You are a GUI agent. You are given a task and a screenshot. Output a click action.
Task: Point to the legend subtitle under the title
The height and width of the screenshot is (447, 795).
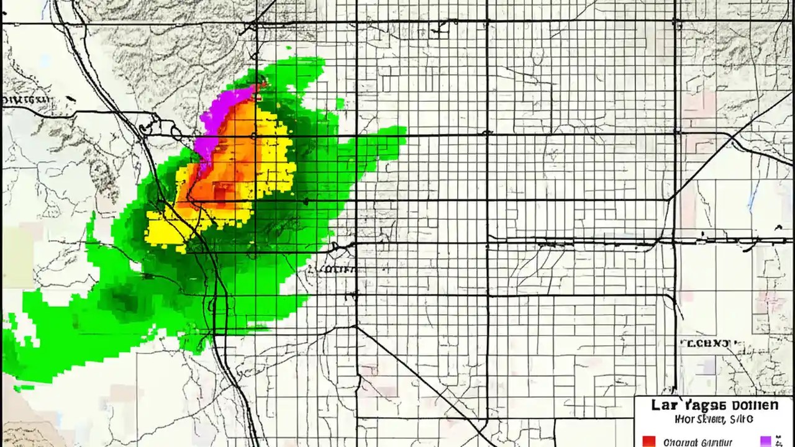(x=714, y=420)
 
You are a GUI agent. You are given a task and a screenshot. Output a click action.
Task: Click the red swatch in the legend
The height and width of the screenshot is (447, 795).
(x=648, y=441)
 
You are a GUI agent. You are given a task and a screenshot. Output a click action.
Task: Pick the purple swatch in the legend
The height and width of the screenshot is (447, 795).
(x=766, y=441)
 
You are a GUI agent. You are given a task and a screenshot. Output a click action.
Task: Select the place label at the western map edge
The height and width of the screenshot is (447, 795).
(x=26, y=99)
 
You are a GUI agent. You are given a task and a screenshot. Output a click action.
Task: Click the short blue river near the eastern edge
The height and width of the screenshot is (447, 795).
(x=753, y=196)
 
